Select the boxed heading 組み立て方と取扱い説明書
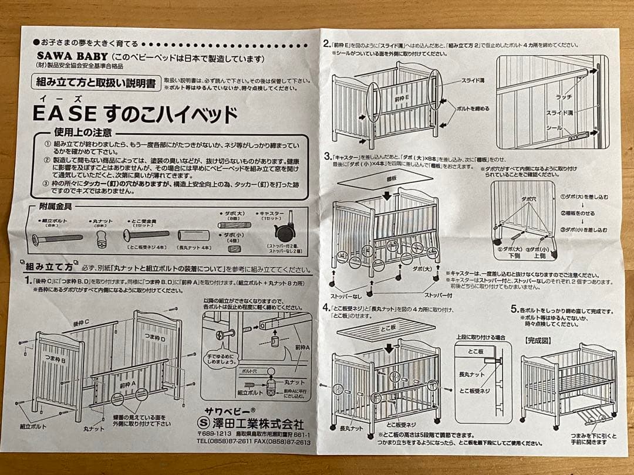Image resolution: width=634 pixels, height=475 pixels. click(x=96, y=83)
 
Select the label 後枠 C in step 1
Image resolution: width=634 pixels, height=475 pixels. click(x=80, y=323)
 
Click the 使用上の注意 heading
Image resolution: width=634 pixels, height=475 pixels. click(x=82, y=132)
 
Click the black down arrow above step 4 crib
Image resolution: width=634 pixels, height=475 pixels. click(x=389, y=348)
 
